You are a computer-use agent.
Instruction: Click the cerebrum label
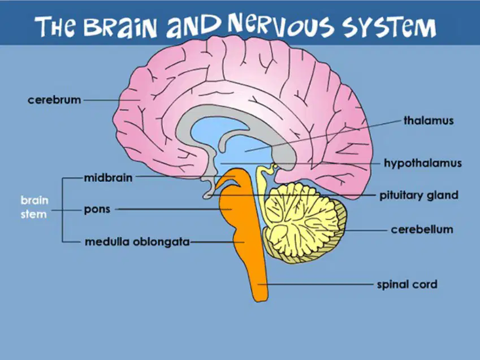pyautogui.click(x=54, y=100)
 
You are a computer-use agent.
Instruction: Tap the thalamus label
pyautogui.click(x=429, y=120)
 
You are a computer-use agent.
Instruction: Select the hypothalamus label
pyautogui.click(x=423, y=163)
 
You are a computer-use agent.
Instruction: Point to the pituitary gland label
pyautogui.click(x=419, y=196)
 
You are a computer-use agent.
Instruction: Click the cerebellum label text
pyautogui.click(x=422, y=229)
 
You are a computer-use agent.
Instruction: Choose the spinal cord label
pyautogui.click(x=407, y=284)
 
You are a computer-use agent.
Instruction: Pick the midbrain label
pyautogui.click(x=109, y=177)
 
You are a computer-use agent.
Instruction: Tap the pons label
pyautogui.click(x=97, y=210)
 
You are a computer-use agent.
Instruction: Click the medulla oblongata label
pyautogui.click(x=137, y=242)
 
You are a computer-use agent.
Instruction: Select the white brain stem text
pyautogui.click(x=34, y=207)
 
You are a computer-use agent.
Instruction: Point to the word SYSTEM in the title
pyautogui.click(x=390, y=27)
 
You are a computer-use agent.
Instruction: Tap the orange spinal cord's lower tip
pyautogui.click(x=260, y=301)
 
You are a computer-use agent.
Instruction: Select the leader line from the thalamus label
pyautogui.click(x=323, y=136)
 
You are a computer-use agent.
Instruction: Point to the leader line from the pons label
pyautogui.click(x=173, y=209)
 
